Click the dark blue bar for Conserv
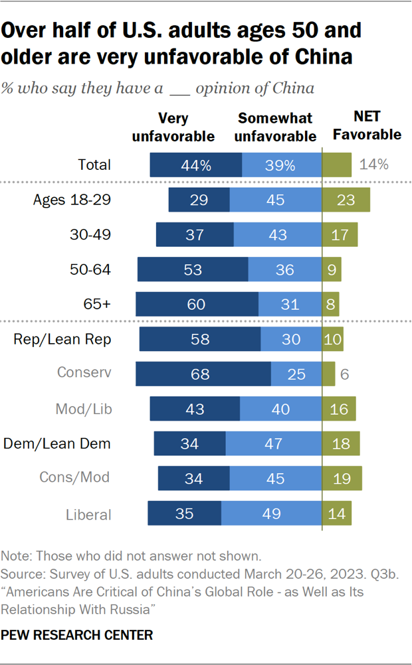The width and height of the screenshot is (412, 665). [x=203, y=374]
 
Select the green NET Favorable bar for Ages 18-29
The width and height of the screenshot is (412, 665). [x=346, y=200]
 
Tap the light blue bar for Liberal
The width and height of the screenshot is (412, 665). [x=271, y=514]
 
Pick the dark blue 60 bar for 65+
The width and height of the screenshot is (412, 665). [x=197, y=305]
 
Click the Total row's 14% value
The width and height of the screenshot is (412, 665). [x=373, y=165]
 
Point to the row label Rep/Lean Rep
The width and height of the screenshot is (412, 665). [x=62, y=339]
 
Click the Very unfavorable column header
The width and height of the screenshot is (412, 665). [x=173, y=127]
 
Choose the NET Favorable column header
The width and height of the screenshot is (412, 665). [x=367, y=125]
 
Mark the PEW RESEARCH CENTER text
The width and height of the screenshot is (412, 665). [x=77, y=635]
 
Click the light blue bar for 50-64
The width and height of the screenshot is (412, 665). [x=285, y=270]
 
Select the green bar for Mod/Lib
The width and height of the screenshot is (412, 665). [x=339, y=409]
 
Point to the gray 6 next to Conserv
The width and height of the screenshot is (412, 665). [x=344, y=374]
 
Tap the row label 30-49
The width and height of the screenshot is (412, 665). [x=90, y=235]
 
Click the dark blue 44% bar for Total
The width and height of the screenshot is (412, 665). [x=195, y=165]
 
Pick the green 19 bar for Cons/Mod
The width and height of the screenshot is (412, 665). [x=342, y=479]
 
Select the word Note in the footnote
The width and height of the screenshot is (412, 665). [x=14, y=555]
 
